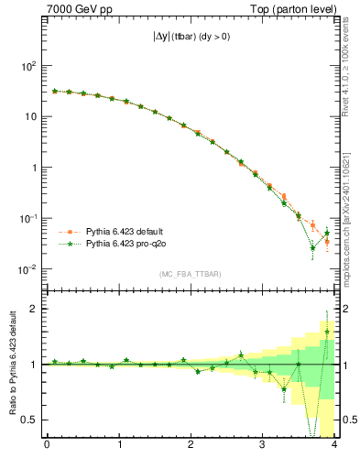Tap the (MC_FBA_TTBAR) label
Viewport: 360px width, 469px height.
[191, 274]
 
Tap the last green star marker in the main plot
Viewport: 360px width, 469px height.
[327, 234]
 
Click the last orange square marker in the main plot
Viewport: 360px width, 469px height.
[327, 242]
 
